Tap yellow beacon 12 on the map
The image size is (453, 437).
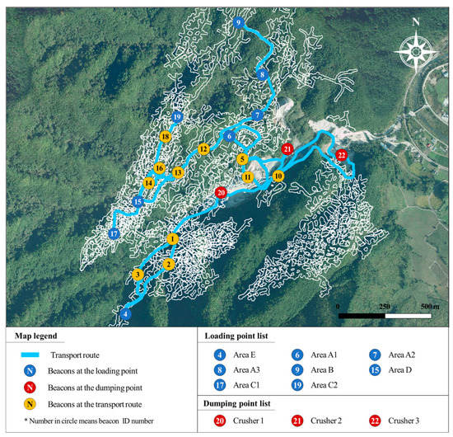coord(203,148)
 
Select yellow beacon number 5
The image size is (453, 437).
coord(242,159)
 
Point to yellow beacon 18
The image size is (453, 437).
coord(166,137)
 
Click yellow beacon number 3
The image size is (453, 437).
coord(138,275)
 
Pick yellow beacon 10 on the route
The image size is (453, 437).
coord(278,176)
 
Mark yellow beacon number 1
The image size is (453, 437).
coord(172,238)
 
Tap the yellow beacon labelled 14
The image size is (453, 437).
coord(148,182)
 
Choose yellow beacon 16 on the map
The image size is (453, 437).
coord(160,168)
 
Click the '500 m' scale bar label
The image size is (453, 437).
coord(428,306)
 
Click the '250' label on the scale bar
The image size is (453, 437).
coord(383,306)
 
